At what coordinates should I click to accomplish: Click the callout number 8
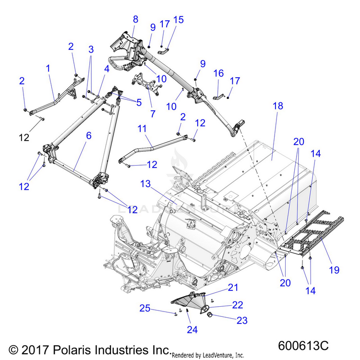135,19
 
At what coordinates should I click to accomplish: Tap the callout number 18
278,106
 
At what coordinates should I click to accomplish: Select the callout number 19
334,270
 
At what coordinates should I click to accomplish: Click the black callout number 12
24,138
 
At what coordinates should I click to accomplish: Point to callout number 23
242,321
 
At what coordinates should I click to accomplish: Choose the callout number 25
145,308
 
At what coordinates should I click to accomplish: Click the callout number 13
145,184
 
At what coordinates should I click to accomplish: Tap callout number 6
89,136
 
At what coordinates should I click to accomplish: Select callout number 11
142,129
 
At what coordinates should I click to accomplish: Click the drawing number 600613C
303,346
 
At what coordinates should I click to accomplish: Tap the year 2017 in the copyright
35,350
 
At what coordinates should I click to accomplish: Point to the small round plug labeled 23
210,315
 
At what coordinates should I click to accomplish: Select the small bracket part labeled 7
147,85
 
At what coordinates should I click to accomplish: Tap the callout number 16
218,73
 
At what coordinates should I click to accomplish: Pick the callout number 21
233,288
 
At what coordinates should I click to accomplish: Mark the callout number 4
107,69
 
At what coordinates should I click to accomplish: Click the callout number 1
48,68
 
